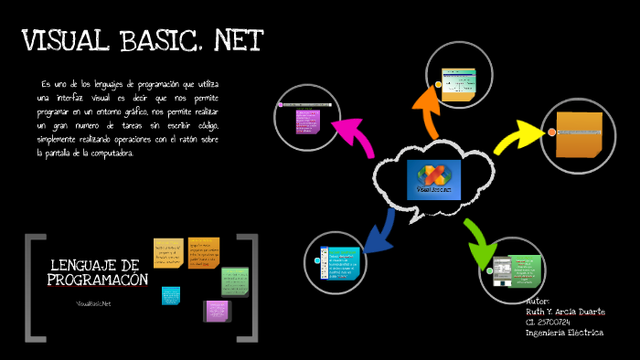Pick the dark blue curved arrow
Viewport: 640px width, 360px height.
[x=379, y=232]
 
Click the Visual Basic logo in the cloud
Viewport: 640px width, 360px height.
[x=434, y=176]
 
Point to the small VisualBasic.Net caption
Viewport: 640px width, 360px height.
[x=93, y=302]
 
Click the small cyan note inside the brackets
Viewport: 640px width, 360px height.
[x=171, y=295]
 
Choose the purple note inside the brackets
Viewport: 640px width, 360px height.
[x=218, y=310]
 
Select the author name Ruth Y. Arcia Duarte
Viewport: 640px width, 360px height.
[x=565, y=312]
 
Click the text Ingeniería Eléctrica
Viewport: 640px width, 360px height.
[x=564, y=333]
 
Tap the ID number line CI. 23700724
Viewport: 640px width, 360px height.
[x=549, y=322]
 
